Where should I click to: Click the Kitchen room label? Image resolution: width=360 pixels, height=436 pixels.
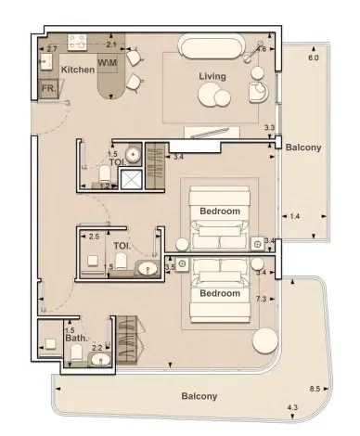pos(77,70)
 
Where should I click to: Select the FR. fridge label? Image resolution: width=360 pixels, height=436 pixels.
pos(48,89)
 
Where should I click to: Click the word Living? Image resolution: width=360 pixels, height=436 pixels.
pos(212,76)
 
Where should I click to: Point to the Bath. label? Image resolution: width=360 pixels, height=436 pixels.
pos(76,339)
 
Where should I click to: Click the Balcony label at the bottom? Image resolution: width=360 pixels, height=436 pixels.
pos(199,396)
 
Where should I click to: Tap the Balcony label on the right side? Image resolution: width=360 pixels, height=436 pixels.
pos(303,147)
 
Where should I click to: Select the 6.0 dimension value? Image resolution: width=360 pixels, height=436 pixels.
pos(313,58)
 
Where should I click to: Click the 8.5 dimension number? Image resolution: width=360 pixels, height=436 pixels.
pos(315,389)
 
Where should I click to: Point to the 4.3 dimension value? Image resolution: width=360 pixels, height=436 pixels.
pos(292,407)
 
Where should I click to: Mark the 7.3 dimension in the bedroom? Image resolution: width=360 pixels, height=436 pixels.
pos(262,299)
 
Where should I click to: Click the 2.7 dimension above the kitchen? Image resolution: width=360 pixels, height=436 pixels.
pos(52,47)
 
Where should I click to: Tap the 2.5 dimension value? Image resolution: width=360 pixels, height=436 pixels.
pos(94,237)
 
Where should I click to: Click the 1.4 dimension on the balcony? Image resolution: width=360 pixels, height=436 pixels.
pos(295,216)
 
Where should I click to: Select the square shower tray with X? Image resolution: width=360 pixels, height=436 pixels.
pos(133,180)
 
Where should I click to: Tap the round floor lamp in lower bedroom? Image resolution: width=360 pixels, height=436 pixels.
pos(264,340)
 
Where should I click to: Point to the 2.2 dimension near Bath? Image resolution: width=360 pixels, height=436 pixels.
pos(96,348)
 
